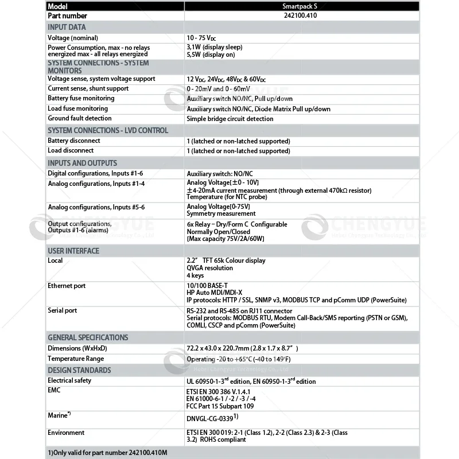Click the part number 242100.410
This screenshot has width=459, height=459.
(x=300, y=15)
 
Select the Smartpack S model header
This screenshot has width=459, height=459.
(x=300, y=6)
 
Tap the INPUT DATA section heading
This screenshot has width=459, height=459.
(x=67, y=27)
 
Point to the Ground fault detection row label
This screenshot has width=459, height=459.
(x=79, y=118)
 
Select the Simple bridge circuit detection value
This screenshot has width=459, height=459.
(x=230, y=119)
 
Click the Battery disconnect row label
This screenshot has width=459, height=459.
(x=73, y=141)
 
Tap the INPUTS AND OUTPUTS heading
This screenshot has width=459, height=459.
(x=82, y=163)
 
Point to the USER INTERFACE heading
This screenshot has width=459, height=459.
(x=73, y=251)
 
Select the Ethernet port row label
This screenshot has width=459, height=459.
(x=67, y=286)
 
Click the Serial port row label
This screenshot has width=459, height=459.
(x=62, y=310)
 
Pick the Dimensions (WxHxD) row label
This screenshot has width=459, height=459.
(x=77, y=348)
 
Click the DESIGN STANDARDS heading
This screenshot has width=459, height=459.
(x=79, y=370)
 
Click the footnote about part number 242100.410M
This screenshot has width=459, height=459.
(x=104, y=453)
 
